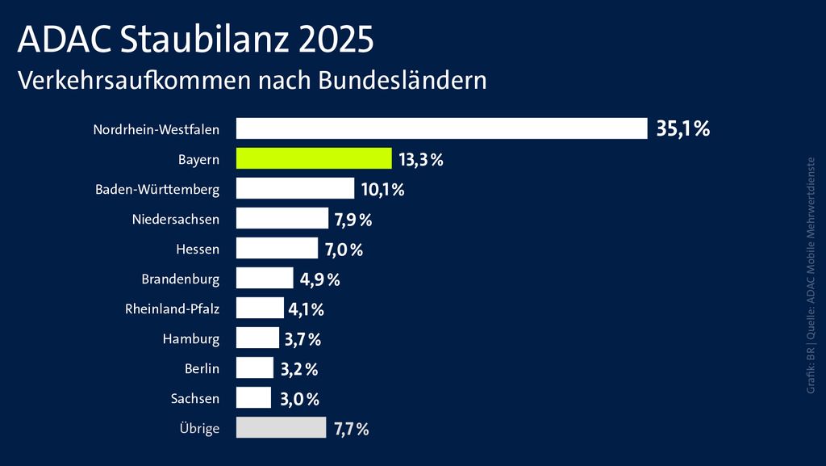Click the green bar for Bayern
[313, 158]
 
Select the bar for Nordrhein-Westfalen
[441, 128]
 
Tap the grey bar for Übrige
[281, 428]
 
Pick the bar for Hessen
[277, 249]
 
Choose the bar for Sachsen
[253, 398]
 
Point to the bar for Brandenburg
[265, 279]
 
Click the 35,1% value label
[682, 128]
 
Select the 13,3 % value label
[421, 160]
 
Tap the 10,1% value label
[382, 190]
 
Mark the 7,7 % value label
[351, 430]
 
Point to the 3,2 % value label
[299, 370]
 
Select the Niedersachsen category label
[175, 219]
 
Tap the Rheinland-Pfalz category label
[172, 309]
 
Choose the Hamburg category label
[190, 338]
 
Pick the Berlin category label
[202, 368]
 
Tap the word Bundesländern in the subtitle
[403, 81]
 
